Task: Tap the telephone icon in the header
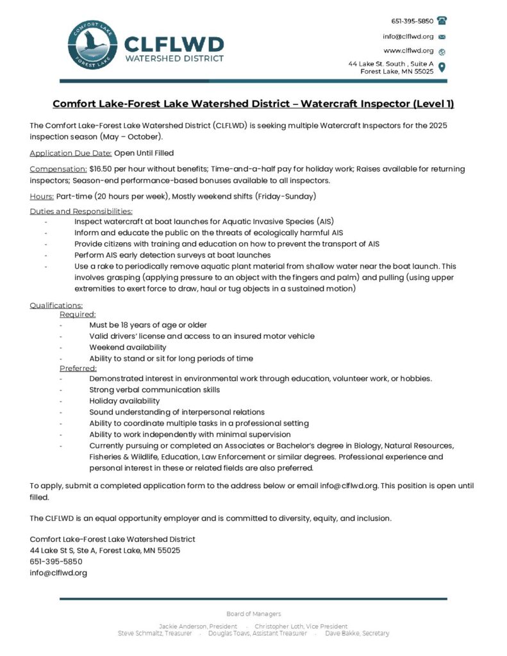point(442,20)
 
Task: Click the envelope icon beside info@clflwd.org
point(442,37)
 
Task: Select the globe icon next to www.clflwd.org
point(442,51)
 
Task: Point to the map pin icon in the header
point(442,67)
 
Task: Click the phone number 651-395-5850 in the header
point(412,21)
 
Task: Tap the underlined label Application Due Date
point(71,153)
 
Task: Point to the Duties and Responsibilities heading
point(81,211)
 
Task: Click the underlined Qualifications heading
point(56,305)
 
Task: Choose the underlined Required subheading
point(78,315)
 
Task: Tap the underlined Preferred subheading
point(78,368)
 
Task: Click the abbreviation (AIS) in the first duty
point(320,222)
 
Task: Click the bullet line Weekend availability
point(128,347)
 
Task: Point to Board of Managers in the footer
point(253,614)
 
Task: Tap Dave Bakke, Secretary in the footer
point(357,634)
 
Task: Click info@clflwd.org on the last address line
point(58,573)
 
